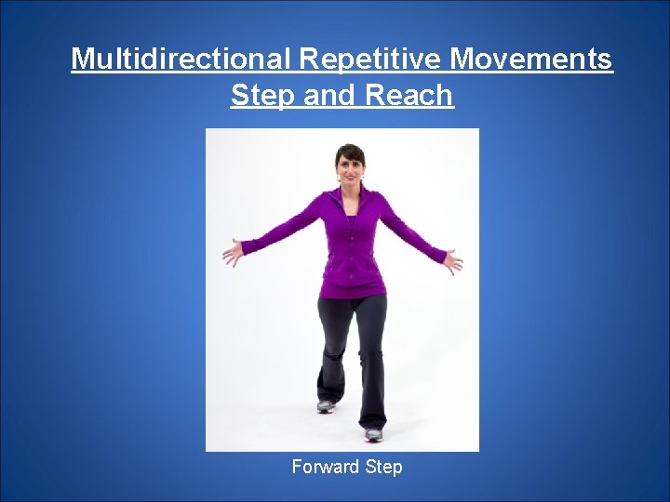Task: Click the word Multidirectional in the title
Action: (182, 59)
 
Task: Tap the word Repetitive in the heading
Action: (371, 59)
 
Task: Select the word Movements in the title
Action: (532, 59)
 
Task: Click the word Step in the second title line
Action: (264, 95)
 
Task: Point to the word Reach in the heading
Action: (409, 95)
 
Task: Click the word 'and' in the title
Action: (331, 95)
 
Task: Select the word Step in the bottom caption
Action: (384, 467)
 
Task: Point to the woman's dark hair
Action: (350, 151)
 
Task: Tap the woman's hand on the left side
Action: (233, 252)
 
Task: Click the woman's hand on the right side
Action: (452, 259)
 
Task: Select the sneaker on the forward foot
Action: (373, 434)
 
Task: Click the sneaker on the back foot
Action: (325, 405)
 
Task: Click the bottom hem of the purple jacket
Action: (352, 292)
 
